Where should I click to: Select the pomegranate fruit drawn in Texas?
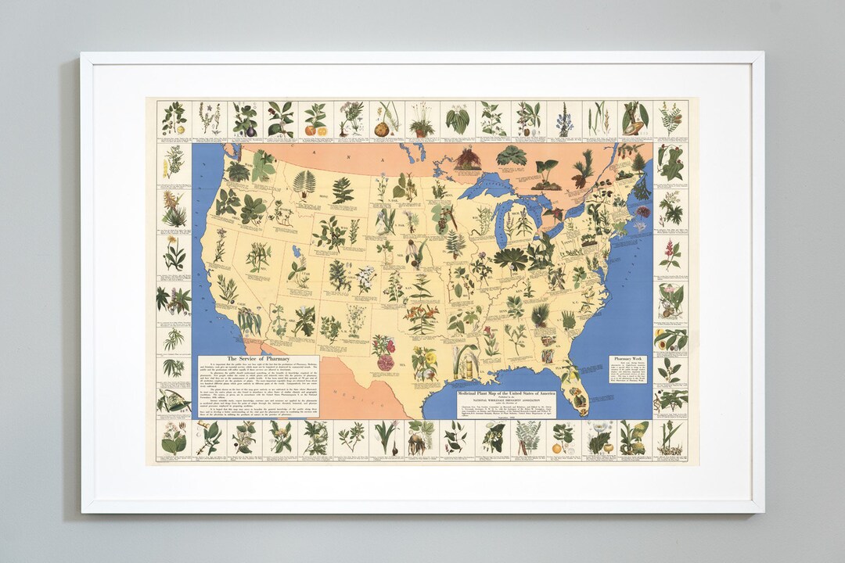tap(385, 361)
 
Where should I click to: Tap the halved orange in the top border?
tap(311, 130)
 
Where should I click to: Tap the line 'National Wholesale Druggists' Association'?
tap(505, 400)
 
